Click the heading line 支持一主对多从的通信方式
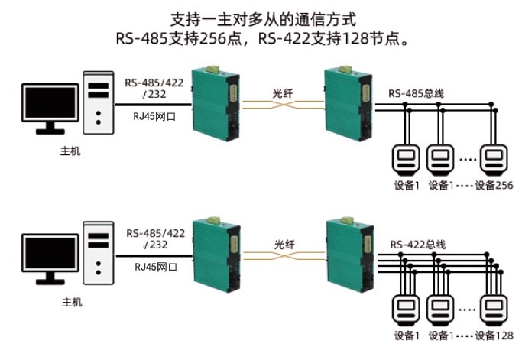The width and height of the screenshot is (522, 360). tap(260, 16)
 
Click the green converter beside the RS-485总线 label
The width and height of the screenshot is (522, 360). tap(345, 104)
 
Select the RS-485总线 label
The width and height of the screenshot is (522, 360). tap(417, 93)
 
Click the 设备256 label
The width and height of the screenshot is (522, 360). tap(493, 185)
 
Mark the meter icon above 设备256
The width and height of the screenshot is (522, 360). tap(493, 159)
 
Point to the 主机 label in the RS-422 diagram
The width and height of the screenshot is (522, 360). tap(70, 302)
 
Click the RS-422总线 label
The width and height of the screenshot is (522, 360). tap(417, 245)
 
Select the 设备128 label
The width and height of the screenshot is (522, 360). tap(493, 336)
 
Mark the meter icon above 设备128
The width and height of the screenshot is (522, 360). tap(493, 310)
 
